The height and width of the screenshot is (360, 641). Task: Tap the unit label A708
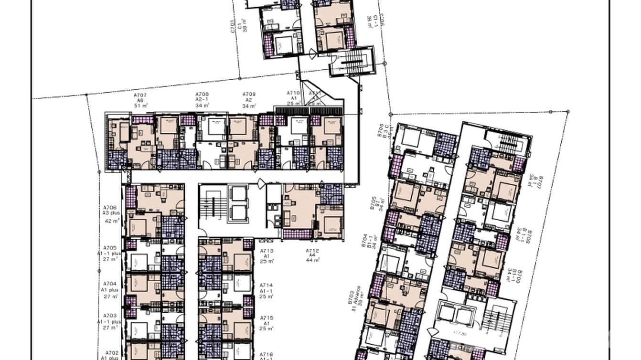click(202, 95)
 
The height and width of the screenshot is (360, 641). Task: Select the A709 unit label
click(249, 95)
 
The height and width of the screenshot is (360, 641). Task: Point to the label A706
click(110, 208)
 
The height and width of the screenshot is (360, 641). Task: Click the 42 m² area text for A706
click(111, 221)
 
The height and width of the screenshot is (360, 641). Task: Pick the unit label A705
click(110, 247)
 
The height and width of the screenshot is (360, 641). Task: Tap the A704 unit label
click(110, 283)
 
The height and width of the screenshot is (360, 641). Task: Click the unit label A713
click(267, 251)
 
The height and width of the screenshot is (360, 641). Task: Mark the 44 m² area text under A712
click(313, 260)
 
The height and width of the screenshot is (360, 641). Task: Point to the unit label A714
click(267, 285)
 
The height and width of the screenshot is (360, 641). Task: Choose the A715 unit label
click(267, 318)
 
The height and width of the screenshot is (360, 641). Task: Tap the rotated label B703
click(351, 297)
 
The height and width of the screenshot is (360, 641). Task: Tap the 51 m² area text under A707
click(139, 106)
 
